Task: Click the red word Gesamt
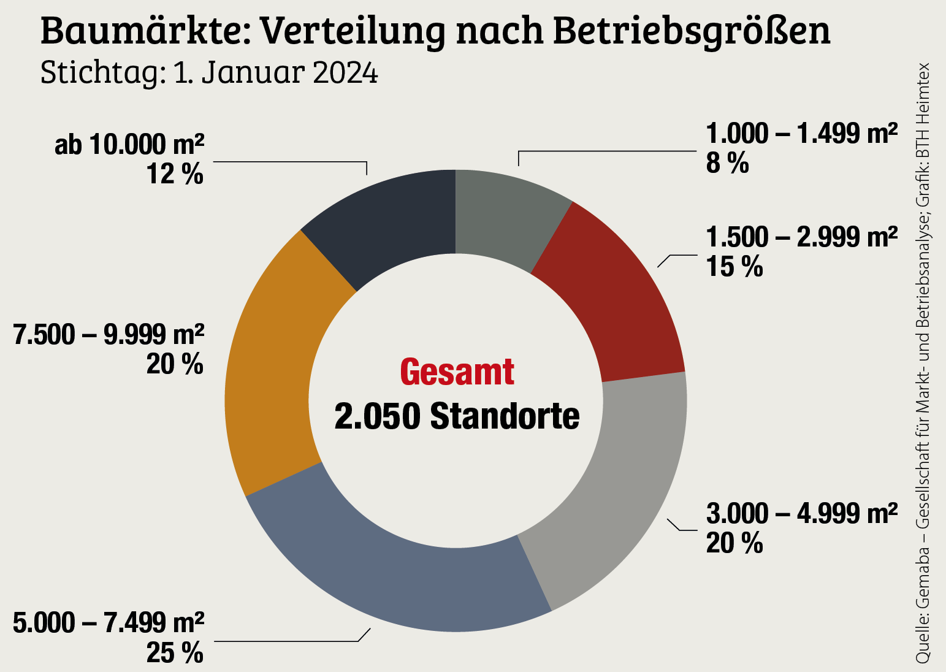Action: point(457,372)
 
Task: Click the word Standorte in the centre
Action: point(505,417)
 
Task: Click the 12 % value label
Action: point(175,175)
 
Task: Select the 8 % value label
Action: point(728,164)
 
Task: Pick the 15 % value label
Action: point(734,267)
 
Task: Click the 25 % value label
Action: point(175,653)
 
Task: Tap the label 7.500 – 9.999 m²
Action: point(109,335)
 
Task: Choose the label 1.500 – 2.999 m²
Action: point(802,237)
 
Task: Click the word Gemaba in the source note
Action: point(923,576)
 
